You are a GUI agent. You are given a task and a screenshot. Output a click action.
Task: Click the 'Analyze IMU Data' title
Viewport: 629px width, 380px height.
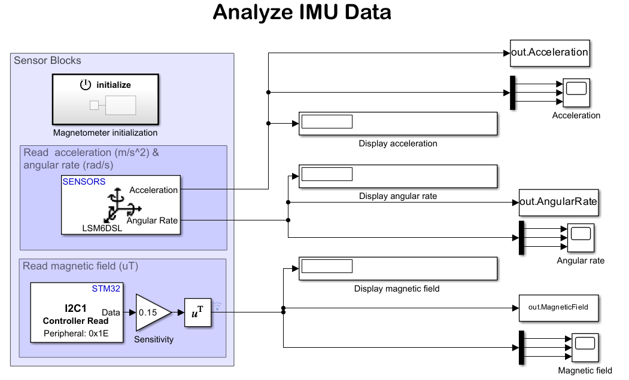tap(302, 13)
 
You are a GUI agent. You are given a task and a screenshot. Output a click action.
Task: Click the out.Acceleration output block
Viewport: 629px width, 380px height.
tap(549, 53)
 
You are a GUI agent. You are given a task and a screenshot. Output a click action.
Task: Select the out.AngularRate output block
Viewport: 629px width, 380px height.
tap(558, 202)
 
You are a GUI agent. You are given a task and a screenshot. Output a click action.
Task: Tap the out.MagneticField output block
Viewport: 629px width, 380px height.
tap(558, 308)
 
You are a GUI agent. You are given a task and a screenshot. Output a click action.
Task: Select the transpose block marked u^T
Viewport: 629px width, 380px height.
tap(197, 312)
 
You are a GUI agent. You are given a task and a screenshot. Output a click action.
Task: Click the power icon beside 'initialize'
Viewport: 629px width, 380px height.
tap(86, 85)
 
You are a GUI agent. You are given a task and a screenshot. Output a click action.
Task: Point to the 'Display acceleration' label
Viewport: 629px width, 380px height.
tap(398, 143)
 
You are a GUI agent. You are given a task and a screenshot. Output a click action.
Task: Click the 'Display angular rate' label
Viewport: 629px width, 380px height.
tap(398, 196)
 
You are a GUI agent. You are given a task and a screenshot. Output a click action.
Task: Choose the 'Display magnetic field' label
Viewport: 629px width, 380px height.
tap(397, 289)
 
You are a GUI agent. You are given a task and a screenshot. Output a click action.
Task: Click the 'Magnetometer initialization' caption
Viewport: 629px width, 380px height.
tap(105, 133)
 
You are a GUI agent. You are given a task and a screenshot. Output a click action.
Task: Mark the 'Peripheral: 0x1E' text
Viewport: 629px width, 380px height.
tap(75, 333)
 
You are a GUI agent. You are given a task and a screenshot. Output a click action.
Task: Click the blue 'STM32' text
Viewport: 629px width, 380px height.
tap(106, 289)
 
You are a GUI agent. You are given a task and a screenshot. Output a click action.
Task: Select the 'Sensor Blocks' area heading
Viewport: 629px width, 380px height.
tap(47, 60)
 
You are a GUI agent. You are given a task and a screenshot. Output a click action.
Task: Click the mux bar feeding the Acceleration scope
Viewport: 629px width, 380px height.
tap(512, 93)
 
